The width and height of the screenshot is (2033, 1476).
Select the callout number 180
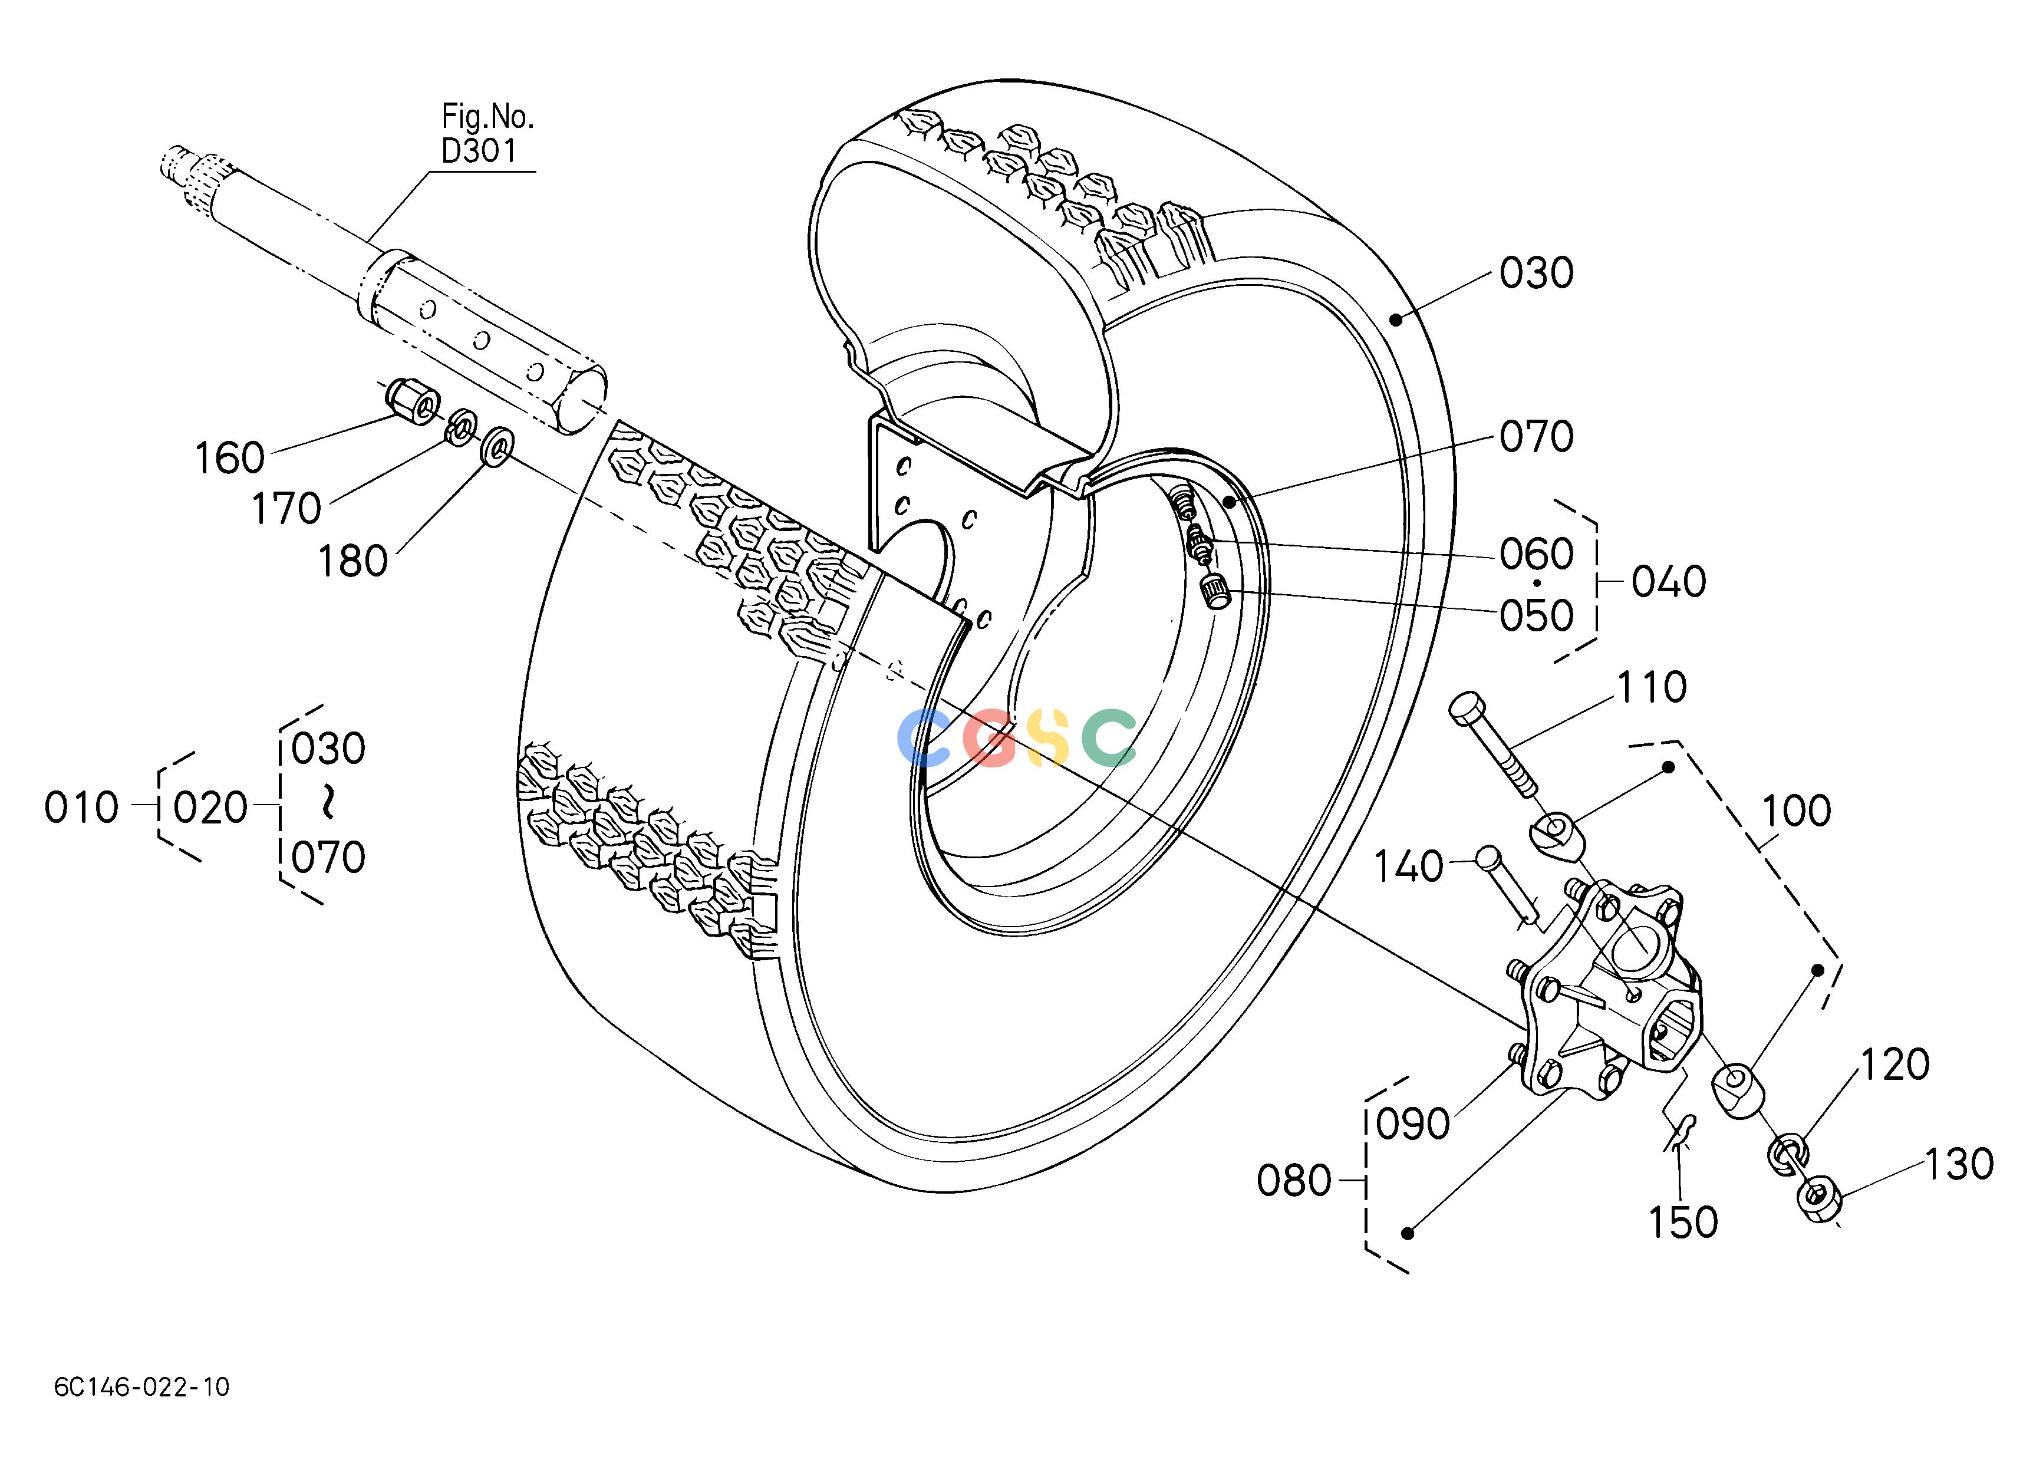[353, 562]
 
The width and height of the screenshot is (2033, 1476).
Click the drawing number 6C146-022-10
[141, 1387]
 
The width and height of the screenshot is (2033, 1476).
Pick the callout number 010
[81, 808]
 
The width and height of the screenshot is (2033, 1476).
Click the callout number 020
[210, 808]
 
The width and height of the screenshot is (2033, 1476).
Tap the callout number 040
[1668, 582]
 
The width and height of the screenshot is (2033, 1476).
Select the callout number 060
[1537, 555]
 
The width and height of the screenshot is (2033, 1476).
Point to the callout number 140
[1408, 867]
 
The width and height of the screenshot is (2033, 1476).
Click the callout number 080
[1293, 1181]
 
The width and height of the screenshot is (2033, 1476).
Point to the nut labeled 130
[1818, 1195]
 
